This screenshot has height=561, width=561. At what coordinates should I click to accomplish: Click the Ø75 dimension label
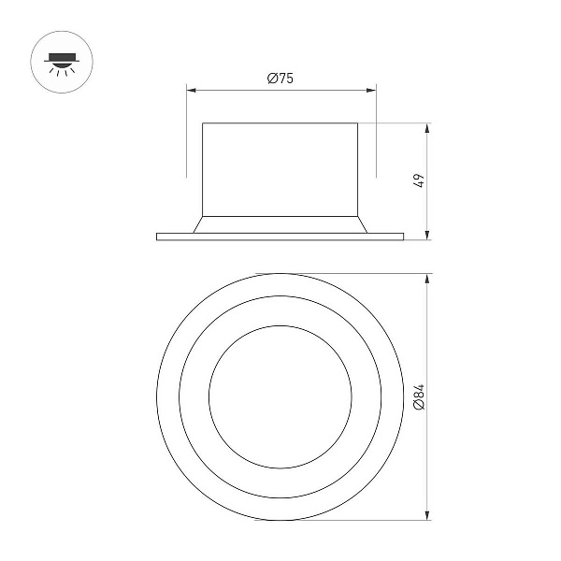click(x=280, y=78)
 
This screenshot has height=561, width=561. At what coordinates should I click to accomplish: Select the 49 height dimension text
click(x=419, y=180)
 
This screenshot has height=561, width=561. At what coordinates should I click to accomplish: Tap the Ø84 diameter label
click(x=419, y=396)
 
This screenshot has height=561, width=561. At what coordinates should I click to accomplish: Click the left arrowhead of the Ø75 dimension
click(x=192, y=90)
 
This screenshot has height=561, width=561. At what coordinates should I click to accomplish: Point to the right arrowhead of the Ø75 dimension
click(x=371, y=90)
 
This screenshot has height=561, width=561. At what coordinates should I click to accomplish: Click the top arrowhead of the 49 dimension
click(x=427, y=128)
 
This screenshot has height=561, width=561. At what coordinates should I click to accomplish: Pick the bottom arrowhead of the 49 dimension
click(x=427, y=235)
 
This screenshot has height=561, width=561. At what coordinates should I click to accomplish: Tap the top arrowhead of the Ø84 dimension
click(x=427, y=279)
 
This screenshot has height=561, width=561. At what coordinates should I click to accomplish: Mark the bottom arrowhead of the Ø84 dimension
click(x=427, y=515)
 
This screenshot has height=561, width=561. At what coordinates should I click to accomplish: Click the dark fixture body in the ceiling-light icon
click(x=62, y=57)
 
